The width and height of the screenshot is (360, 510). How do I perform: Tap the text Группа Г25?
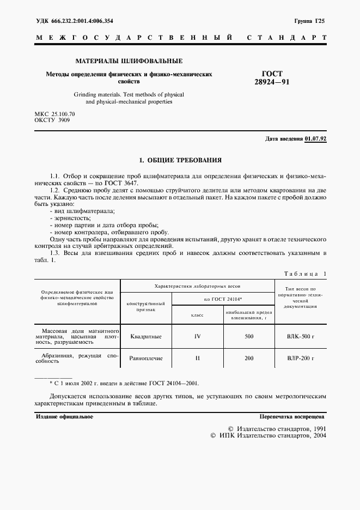(x=309, y=21)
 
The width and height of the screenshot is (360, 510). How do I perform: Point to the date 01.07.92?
(x=315, y=139)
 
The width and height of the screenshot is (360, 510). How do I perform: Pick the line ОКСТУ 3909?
(x=52, y=120)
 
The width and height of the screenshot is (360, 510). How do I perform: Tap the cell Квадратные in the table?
(x=146, y=336)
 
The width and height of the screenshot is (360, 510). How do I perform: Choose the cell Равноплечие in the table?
(x=146, y=359)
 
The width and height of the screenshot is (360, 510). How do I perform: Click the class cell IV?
(x=197, y=336)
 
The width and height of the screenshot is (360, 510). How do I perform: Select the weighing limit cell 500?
(x=249, y=336)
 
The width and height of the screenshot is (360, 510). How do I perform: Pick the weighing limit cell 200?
(x=249, y=359)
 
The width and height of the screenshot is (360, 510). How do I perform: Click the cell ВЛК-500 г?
(x=301, y=336)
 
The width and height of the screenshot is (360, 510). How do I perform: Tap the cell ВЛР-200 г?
(x=301, y=359)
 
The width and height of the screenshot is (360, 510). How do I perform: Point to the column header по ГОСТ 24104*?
(x=223, y=299)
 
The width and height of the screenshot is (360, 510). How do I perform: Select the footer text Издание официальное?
(x=64, y=416)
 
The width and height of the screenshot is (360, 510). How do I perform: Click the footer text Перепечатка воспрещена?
(x=292, y=416)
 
